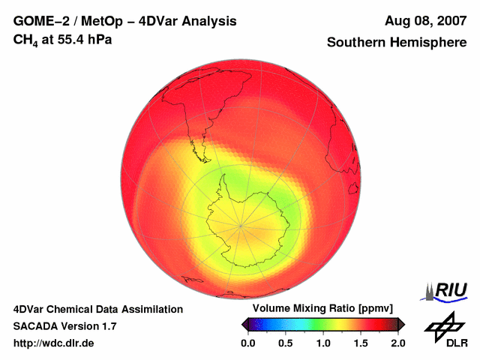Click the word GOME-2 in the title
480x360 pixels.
click(41, 21)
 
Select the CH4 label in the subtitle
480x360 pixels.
click(25, 38)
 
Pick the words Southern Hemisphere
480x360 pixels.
click(397, 43)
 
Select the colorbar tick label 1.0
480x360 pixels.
click(323, 343)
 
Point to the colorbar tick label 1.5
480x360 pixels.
click(361, 343)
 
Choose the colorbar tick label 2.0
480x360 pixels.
click(398, 343)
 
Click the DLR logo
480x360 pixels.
click(445, 330)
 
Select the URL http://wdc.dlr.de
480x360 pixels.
click(54, 343)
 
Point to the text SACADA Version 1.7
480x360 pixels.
click(64, 326)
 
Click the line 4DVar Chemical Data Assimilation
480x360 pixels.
click(97, 309)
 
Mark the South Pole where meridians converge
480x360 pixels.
click(241, 225)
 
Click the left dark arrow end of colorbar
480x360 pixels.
click(244, 324)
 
